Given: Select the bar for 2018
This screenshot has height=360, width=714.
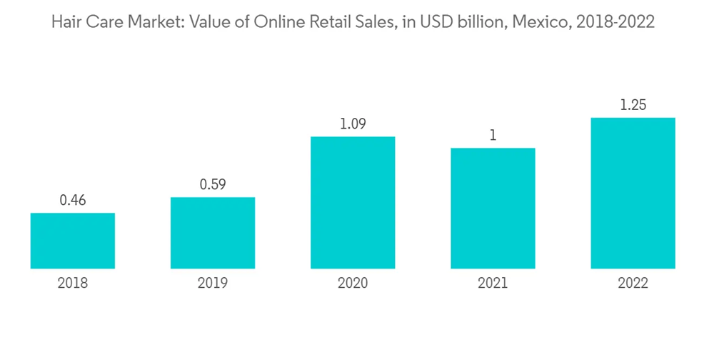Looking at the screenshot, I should (73, 241).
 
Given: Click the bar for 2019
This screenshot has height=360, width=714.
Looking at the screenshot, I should (213, 233).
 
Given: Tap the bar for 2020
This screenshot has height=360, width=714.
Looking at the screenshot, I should (353, 202).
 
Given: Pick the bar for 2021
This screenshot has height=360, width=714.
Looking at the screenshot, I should (493, 208).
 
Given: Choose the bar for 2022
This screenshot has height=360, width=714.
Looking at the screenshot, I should (633, 193).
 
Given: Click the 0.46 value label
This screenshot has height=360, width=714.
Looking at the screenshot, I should (73, 201).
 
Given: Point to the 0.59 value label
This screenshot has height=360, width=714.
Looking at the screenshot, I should (213, 185).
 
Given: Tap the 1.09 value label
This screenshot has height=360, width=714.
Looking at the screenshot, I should (353, 124).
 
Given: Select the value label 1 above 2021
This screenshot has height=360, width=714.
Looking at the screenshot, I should (493, 135).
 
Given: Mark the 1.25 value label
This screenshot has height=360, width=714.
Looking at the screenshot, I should (633, 105).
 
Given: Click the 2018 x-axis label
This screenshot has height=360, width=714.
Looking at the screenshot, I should (73, 284).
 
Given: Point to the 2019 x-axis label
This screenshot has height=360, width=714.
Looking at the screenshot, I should (213, 284).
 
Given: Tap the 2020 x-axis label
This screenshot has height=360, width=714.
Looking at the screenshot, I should (353, 284).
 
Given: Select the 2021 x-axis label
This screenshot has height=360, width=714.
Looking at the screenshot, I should (493, 284).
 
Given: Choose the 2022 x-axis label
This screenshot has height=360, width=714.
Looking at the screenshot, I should (633, 284).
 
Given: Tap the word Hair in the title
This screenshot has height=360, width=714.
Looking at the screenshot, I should (65, 22).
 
